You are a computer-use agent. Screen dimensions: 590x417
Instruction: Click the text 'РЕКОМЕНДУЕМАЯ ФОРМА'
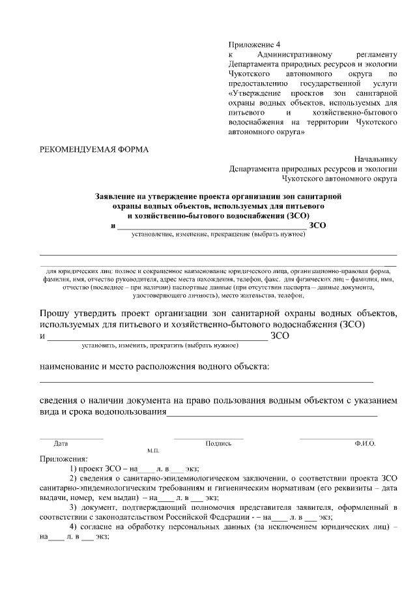[x=94, y=149]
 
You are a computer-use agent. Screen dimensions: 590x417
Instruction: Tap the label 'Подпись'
[x=218, y=443]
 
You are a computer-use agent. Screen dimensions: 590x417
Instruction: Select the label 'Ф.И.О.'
[x=365, y=443]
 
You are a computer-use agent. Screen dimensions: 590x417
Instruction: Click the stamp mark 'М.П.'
[x=154, y=451]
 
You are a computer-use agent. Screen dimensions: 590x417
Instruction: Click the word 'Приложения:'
[x=63, y=459]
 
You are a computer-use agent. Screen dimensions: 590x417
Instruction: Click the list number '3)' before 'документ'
[x=74, y=507]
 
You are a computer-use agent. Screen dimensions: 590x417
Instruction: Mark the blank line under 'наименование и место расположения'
[x=207, y=381]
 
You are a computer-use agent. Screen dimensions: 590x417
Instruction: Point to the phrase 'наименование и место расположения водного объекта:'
[x=154, y=366]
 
